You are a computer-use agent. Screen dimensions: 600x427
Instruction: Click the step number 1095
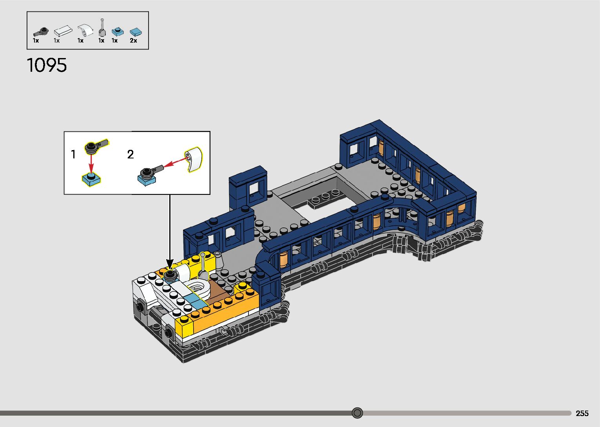point(47,65)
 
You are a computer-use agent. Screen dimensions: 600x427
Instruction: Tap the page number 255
point(582,413)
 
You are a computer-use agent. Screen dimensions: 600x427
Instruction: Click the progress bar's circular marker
point(357,413)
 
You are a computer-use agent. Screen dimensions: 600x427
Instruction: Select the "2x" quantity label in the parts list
point(133,40)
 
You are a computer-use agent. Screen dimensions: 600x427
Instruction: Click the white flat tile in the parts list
point(63,31)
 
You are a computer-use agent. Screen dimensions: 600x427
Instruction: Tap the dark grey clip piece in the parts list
point(40,31)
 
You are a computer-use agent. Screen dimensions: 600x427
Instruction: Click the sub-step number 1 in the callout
point(73,154)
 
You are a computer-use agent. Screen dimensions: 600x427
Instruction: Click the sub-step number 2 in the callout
point(131,154)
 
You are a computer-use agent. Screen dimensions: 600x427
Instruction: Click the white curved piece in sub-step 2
point(193,159)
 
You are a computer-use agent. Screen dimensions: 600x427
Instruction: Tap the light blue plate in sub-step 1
point(91,179)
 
